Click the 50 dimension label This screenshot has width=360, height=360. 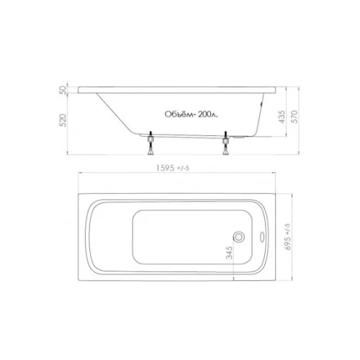(63, 90)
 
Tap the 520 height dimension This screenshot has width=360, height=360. (63, 120)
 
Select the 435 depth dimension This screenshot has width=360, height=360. (282, 117)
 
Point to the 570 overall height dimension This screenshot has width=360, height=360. (294, 117)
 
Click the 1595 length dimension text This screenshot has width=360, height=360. (166, 168)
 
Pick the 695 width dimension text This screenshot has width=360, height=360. (287, 243)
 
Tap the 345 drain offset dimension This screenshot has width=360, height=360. (230, 253)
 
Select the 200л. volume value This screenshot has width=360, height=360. (208, 114)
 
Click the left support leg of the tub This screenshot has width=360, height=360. (150, 143)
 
